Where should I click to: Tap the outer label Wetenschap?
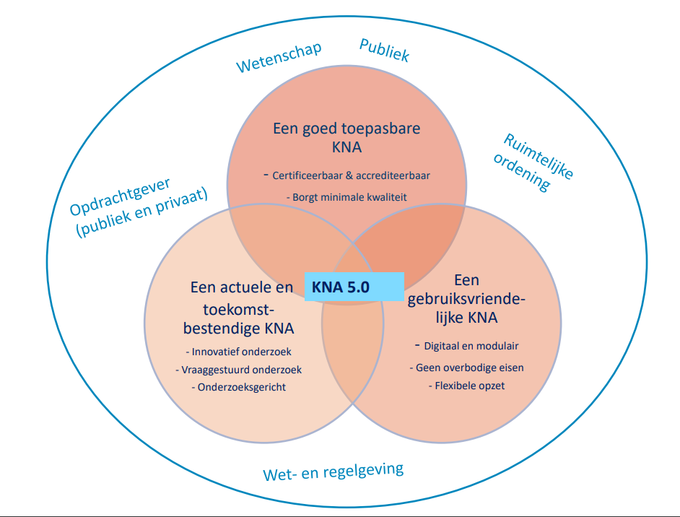tap(279, 58)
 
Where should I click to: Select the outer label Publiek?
tap(384, 50)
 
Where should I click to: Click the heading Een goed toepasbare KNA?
tap(346, 138)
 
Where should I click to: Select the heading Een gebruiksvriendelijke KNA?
tap(467, 298)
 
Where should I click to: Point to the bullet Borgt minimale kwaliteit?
tap(349, 196)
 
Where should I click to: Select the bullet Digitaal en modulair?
tap(470, 345)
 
